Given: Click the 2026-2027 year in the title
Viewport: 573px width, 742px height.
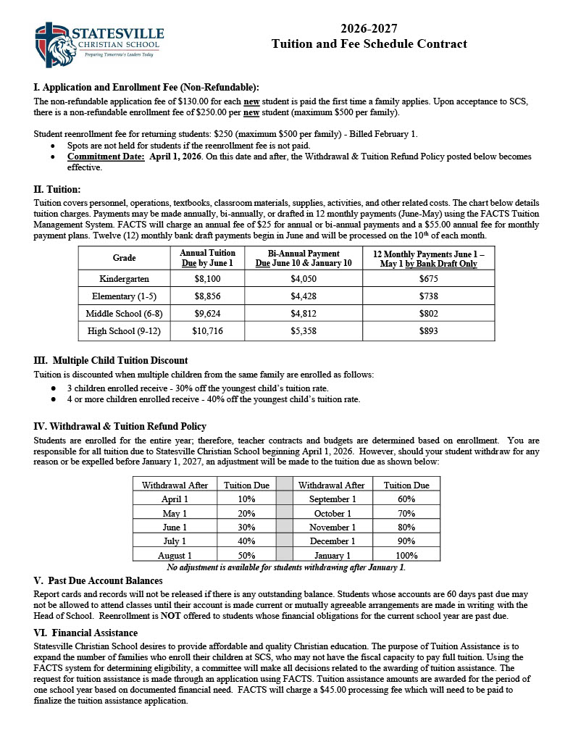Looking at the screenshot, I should click(369, 29).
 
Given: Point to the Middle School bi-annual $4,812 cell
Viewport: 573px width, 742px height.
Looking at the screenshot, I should click(304, 314).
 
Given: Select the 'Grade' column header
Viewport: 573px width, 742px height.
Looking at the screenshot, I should click(124, 258).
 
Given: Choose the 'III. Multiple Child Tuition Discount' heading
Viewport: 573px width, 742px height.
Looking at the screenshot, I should click(111, 360).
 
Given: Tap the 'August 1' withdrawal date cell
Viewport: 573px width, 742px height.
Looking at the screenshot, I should click(175, 555).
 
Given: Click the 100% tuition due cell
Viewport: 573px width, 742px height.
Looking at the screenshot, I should click(406, 555).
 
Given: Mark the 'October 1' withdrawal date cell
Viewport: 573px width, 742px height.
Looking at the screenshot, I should click(332, 514).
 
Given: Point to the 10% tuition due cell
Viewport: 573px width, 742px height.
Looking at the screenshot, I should click(246, 499).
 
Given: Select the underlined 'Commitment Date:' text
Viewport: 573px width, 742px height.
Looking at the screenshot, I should click(106, 157).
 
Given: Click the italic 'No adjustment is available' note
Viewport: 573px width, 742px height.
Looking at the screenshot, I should click(286, 567).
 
